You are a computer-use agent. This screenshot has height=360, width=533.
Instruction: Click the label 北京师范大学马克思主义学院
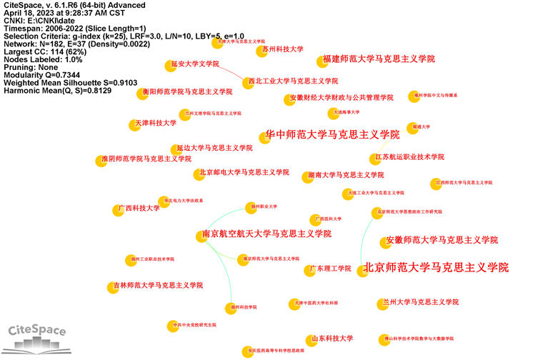(437, 268)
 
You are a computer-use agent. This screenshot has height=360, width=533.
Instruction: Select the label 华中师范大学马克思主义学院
(332, 134)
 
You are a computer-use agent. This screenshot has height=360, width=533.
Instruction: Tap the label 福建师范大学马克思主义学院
(379, 59)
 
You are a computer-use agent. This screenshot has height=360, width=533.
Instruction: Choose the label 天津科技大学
(155, 123)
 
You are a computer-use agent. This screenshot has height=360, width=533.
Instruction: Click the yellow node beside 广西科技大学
(117, 210)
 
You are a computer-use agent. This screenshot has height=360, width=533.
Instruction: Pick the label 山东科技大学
(332, 339)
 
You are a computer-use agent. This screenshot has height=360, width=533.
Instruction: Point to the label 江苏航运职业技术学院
(410, 156)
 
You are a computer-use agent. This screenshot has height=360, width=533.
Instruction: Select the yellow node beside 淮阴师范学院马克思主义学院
(102, 161)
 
